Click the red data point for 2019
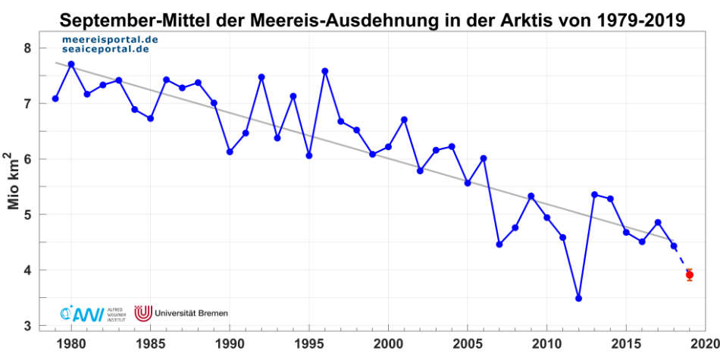(690, 274)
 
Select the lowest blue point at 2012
(578, 299)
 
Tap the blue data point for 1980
(71, 64)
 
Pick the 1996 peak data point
(324, 71)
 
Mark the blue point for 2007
(499, 244)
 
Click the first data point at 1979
(55, 99)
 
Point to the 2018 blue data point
(674, 246)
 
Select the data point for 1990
(230, 152)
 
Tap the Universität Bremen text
(190, 312)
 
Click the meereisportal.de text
(105, 38)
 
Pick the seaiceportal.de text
(105, 49)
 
